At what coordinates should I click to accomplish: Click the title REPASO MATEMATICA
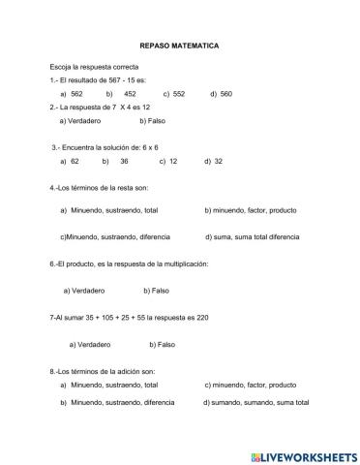[180, 46]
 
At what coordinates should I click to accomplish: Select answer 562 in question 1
[76, 94]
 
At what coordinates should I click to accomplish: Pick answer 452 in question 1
[130, 94]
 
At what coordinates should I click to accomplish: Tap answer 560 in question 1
[225, 94]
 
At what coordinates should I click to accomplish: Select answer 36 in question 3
[124, 161]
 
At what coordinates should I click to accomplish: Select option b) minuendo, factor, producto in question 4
[251, 209]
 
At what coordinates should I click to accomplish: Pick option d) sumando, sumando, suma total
[256, 402]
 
